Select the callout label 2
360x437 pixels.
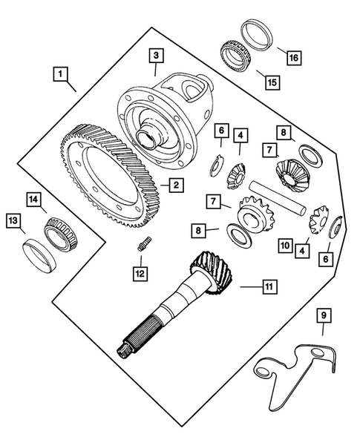pyautogui.click(x=175, y=185)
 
